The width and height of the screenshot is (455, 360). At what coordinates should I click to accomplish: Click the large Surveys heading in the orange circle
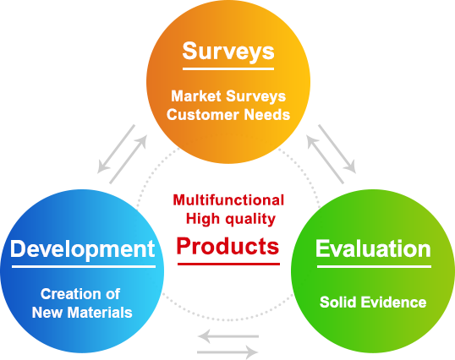(x=228, y=52)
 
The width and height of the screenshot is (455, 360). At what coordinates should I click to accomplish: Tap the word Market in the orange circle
(x=196, y=96)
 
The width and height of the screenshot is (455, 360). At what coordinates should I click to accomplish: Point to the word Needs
(x=267, y=114)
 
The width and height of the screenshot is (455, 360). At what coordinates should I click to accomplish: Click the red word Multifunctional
(x=228, y=200)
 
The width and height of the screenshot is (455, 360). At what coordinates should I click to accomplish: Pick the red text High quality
(x=231, y=219)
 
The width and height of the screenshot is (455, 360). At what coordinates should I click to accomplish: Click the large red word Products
(x=227, y=247)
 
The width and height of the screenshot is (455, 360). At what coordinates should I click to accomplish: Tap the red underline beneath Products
(x=228, y=264)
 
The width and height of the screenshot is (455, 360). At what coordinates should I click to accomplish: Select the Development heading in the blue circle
(x=83, y=249)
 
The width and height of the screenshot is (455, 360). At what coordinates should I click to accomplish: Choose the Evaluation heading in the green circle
(x=373, y=248)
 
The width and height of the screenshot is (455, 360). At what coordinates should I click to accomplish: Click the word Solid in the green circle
(x=337, y=302)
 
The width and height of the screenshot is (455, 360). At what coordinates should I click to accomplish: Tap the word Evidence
(x=394, y=302)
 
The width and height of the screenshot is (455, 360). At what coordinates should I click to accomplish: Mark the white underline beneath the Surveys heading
(x=228, y=69)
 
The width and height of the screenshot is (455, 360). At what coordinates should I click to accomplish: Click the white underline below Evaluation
(x=374, y=266)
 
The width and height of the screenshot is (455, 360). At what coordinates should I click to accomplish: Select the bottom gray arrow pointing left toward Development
(x=228, y=336)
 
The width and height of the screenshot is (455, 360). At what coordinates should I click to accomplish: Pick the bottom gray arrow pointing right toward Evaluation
(x=227, y=352)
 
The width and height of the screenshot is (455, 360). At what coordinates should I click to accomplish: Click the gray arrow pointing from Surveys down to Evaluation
(x=337, y=149)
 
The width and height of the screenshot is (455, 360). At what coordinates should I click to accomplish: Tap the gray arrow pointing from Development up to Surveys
(x=129, y=159)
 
